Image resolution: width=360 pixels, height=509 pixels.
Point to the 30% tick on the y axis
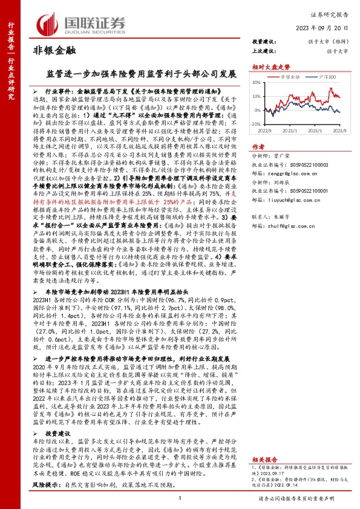(257, 83)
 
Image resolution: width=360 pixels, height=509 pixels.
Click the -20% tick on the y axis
(255, 124)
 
